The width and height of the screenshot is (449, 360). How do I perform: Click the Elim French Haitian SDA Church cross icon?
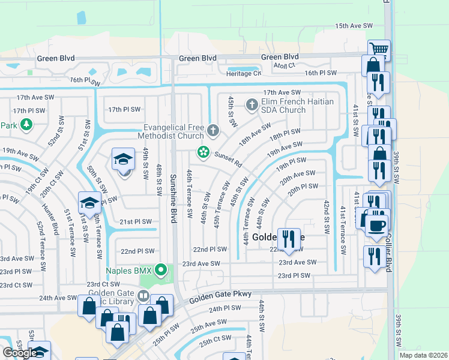click(252, 106)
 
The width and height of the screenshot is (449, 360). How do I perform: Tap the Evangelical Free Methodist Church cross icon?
click(212, 130)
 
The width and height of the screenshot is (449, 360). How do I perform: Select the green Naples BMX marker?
click(160, 270)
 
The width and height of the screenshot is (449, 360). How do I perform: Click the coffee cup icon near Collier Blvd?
click(376, 226)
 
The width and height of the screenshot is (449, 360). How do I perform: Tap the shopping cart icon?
click(379, 49)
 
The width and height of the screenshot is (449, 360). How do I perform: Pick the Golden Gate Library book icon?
click(143, 296)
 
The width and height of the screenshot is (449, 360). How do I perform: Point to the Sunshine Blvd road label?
click(172, 199)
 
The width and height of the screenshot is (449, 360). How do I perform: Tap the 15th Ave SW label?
click(354, 26)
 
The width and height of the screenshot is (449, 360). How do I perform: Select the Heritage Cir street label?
click(244, 73)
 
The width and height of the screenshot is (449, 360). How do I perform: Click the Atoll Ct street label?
click(285, 65)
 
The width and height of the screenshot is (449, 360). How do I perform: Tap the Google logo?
click(20, 353)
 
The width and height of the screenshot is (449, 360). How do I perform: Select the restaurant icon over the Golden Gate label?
click(289, 238)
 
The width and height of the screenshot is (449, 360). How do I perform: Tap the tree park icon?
click(26, 125)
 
